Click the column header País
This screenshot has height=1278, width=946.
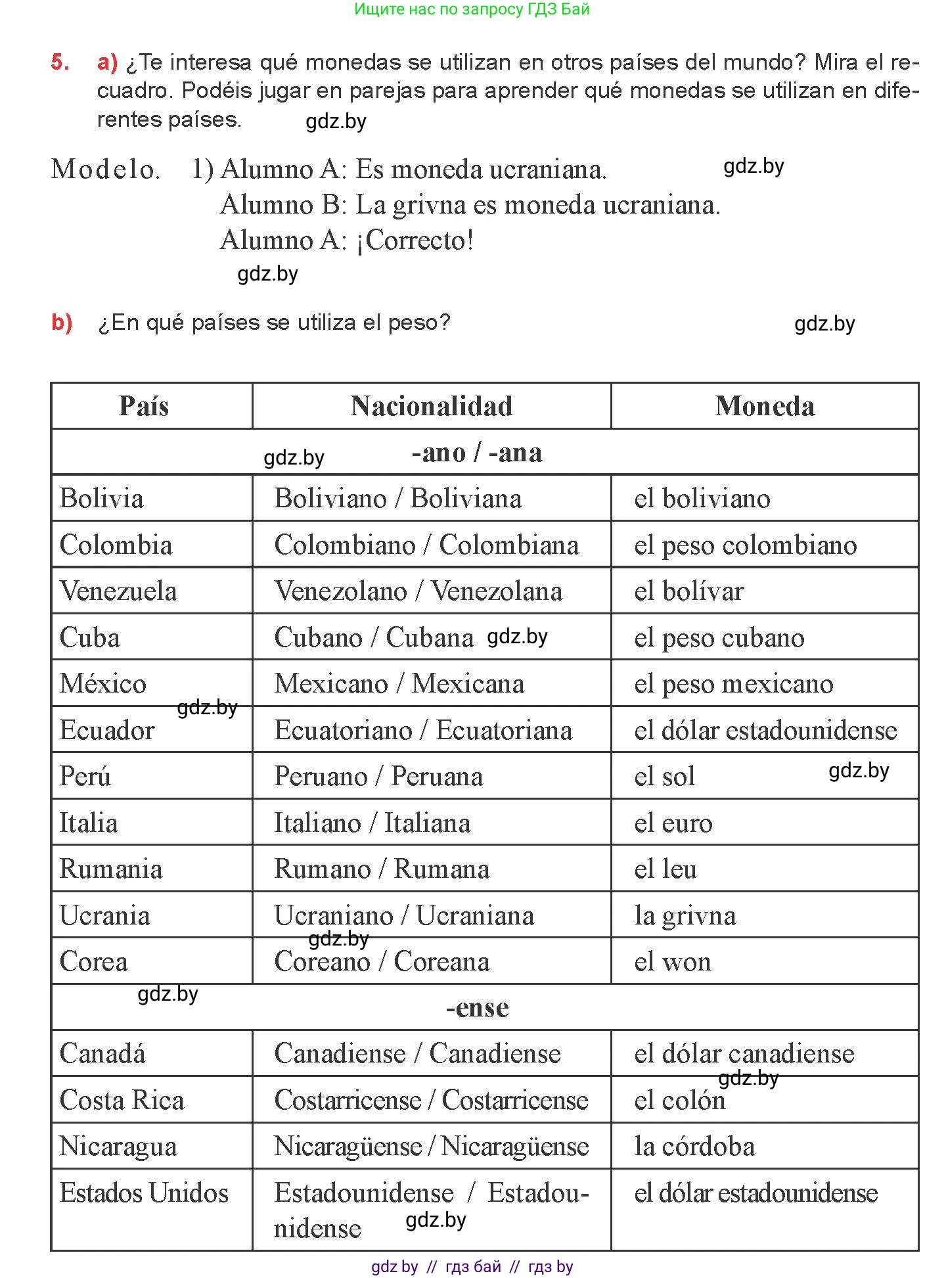[x=144, y=406]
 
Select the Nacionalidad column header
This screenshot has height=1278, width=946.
[x=431, y=406]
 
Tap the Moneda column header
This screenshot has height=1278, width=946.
[x=765, y=406]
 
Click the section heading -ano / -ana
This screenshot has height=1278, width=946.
[x=477, y=453]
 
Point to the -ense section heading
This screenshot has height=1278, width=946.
[x=477, y=1007]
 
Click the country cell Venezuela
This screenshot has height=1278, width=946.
[x=118, y=591]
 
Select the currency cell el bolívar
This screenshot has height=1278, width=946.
[x=688, y=591]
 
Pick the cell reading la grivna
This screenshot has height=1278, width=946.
[x=685, y=915]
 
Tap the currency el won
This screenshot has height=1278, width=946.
[x=672, y=961]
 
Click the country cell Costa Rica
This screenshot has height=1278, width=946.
[x=122, y=1100]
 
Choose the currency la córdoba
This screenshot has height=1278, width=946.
[x=694, y=1147]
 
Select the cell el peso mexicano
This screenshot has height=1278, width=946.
[x=733, y=683]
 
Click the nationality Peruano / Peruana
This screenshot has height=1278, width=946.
[x=378, y=776]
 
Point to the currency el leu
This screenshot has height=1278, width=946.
[x=665, y=869]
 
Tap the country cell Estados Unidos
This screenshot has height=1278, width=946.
[x=144, y=1193]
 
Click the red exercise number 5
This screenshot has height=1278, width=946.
[x=60, y=62]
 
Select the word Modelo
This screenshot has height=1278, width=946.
[x=105, y=170]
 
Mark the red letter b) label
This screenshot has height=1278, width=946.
[x=62, y=323]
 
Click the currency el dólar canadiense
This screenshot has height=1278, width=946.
[x=744, y=1054]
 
